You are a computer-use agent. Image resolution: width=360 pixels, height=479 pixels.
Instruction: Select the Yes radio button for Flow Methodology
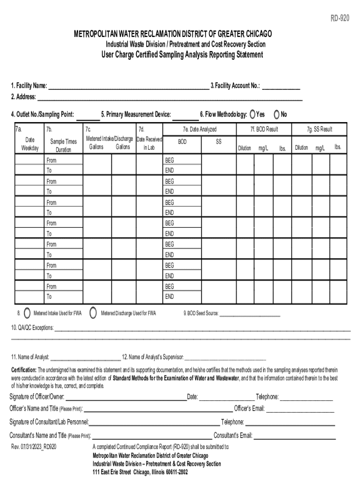(x=253, y=114)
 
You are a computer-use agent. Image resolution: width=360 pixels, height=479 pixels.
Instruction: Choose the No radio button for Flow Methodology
(x=277, y=114)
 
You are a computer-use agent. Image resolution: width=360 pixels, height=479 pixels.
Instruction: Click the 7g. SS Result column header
(x=319, y=129)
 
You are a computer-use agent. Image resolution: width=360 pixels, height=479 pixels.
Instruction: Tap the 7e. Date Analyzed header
(x=200, y=129)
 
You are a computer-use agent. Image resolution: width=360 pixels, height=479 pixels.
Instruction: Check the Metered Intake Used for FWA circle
(x=27, y=313)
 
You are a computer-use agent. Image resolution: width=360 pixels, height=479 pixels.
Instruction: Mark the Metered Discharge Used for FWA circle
(x=93, y=313)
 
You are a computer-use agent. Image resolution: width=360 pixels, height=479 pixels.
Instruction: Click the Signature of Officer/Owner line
(x=126, y=398)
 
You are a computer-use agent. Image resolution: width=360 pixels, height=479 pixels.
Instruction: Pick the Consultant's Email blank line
(x=295, y=437)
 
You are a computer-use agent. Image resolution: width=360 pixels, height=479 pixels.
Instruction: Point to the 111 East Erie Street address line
(x=140, y=472)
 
